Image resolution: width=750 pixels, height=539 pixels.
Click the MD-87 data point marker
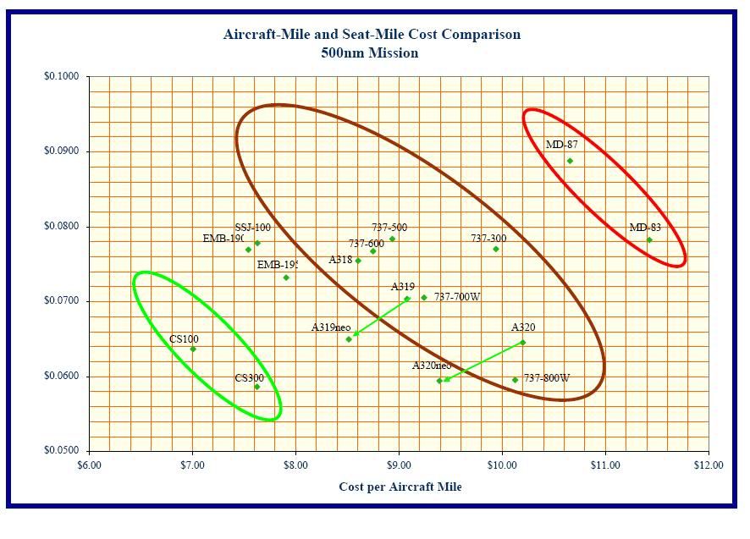(x=570, y=161)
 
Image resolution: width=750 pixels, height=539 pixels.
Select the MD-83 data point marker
(x=649, y=239)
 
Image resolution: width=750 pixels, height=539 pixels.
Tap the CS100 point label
(x=184, y=339)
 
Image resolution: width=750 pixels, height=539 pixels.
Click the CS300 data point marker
(x=257, y=387)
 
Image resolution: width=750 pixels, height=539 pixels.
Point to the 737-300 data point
(x=496, y=249)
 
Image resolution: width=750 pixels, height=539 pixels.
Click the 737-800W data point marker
(x=515, y=380)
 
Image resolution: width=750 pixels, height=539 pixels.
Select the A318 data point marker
(x=358, y=261)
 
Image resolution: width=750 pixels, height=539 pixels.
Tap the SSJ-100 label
(x=252, y=228)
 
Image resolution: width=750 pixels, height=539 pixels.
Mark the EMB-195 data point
(x=286, y=278)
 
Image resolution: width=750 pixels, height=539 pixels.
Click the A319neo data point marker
(x=349, y=339)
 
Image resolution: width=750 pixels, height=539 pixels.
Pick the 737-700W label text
(x=457, y=297)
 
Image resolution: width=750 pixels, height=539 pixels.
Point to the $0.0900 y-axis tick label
(x=61, y=151)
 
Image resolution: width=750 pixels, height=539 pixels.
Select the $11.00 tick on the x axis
(x=604, y=465)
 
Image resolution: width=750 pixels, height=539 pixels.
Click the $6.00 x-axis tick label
(x=89, y=465)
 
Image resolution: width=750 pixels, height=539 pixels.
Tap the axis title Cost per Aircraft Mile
(x=400, y=487)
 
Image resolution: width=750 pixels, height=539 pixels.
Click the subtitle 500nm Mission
(x=369, y=52)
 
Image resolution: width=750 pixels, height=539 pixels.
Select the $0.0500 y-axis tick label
(x=61, y=451)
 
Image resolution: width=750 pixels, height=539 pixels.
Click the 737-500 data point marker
(x=392, y=239)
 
